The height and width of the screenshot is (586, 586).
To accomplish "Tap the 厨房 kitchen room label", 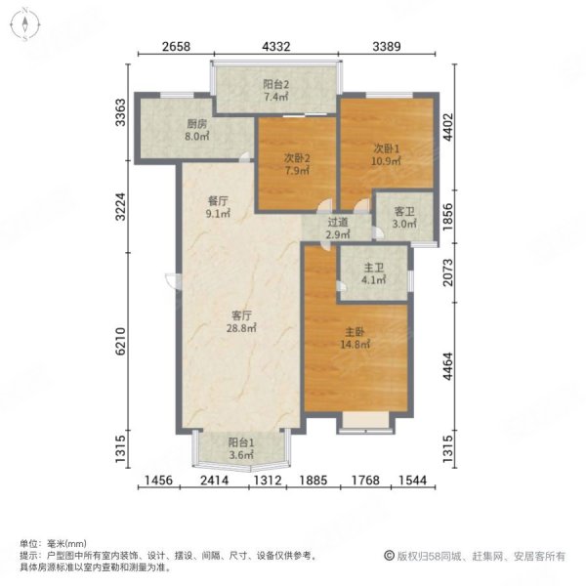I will pyautogui.click(x=196, y=124).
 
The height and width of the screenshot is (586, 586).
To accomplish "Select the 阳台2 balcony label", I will pyautogui.click(x=277, y=84).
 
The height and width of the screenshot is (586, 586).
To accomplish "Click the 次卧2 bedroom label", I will pyautogui.click(x=297, y=157).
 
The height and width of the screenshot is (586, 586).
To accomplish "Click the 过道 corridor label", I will pyautogui.click(x=337, y=222).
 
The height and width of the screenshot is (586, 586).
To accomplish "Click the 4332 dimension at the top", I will pyautogui.click(x=276, y=46).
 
